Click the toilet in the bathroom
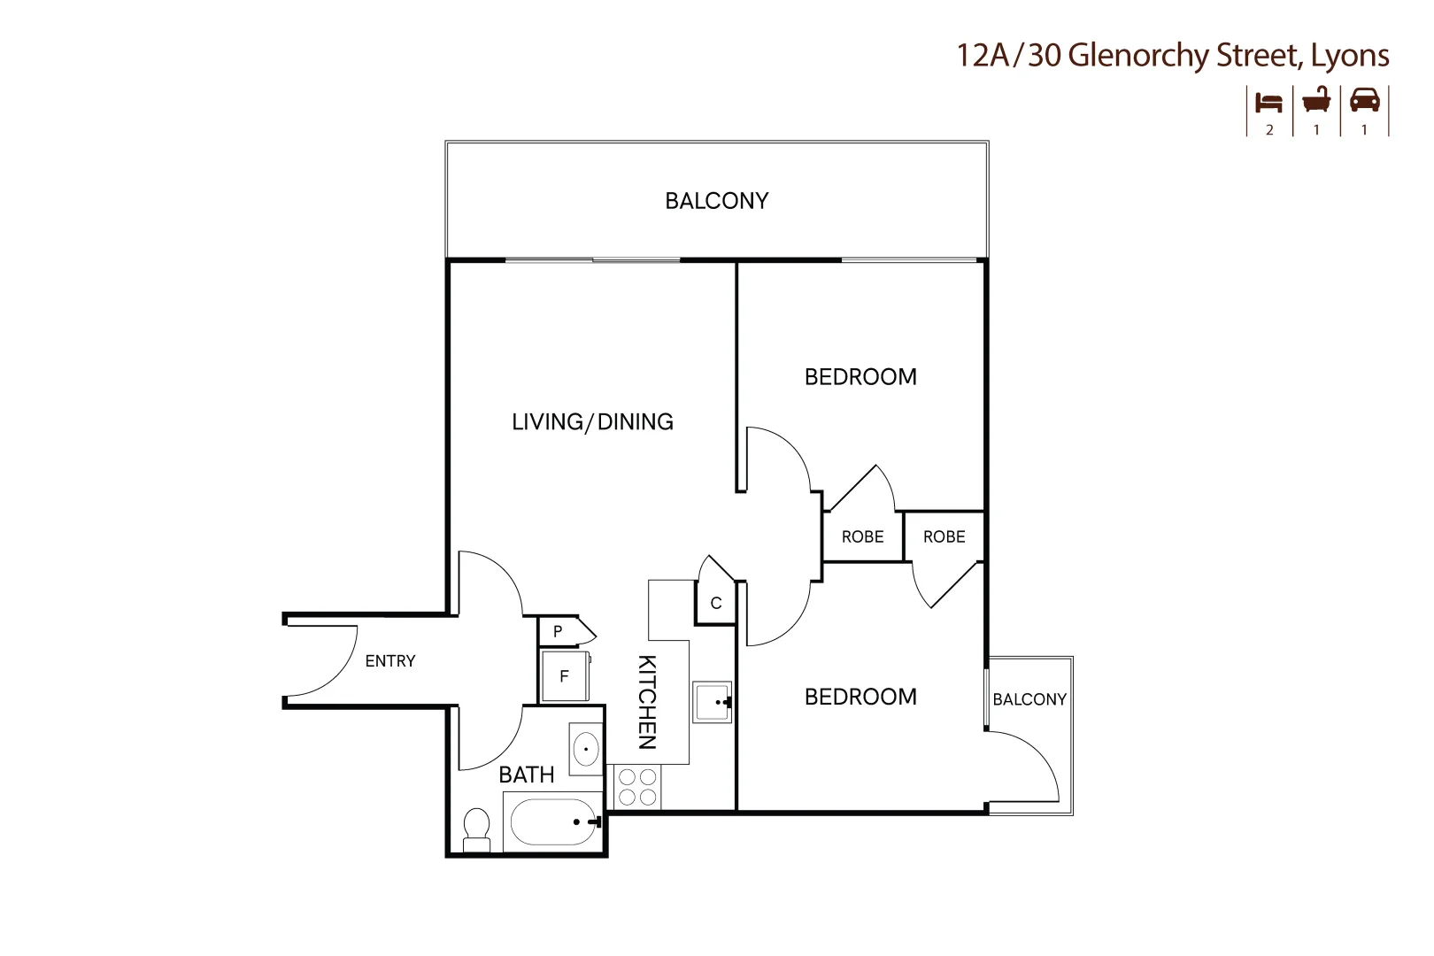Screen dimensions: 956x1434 coord(477,829)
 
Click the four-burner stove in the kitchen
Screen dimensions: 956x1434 coord(637,787)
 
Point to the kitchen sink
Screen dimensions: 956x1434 coord(712,703)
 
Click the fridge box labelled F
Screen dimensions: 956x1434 coord(565,677)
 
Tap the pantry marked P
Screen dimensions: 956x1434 coord(559,632)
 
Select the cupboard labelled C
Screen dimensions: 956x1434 coord(716,604)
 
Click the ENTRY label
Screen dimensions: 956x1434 coord(390,661)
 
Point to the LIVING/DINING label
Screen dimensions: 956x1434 coord(592,422)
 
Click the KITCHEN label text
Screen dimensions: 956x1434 coord(647,702)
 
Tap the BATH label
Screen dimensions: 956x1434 coord(526,775)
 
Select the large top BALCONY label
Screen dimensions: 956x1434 coord(716,201)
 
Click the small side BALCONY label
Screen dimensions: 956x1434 coord(1029,699)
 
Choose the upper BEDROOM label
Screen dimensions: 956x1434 coord(860,377)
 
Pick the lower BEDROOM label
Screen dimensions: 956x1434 coord(860,698)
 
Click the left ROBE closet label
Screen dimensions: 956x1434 coord(862,537)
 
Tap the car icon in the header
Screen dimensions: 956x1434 coord(1364,100)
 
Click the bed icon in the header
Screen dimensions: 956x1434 coord(1268,102)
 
